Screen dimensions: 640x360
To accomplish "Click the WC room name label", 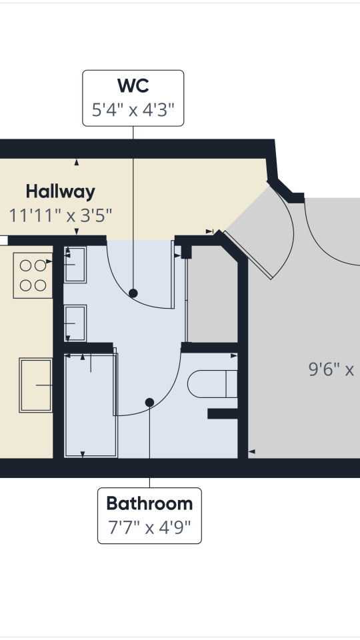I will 133,86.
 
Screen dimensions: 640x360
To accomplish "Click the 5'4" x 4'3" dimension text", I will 133,109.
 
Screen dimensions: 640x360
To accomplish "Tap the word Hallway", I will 61,192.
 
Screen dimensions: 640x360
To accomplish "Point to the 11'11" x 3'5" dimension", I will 61,215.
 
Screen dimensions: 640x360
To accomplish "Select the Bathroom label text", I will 149,503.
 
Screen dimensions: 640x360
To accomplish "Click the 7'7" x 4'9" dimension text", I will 149,528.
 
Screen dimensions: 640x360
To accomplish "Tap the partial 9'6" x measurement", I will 331,369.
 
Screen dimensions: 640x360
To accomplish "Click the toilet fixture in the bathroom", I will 212,384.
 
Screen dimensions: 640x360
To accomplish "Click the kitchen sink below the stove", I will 36,385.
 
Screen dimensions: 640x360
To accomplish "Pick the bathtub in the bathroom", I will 91,405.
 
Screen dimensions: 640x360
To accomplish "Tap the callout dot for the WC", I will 133,293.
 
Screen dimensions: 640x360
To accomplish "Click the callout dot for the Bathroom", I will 149,402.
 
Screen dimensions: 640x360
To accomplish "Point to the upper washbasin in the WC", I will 75,265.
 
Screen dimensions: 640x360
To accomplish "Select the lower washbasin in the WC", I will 75,322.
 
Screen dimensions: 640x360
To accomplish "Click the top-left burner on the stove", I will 26,265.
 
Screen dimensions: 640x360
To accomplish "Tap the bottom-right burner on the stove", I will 41,285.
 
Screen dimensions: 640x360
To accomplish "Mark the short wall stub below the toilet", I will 223,413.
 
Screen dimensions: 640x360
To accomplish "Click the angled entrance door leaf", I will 252,255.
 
